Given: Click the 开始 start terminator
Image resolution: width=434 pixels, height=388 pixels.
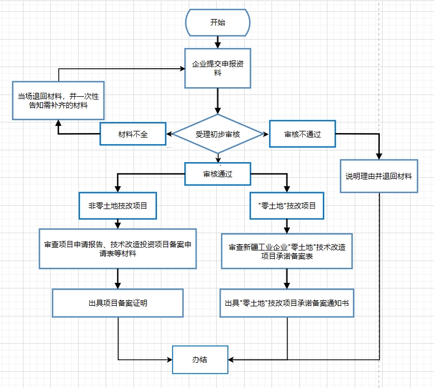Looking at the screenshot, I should point(217,23).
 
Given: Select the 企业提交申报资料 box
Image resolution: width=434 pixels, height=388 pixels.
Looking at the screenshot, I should point(217,68).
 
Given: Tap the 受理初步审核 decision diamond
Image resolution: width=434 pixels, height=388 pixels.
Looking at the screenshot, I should point(217,134).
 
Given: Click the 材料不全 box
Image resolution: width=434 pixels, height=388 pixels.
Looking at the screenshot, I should point(133,134).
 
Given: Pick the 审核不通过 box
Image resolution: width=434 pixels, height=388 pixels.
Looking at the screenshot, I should point(302,134).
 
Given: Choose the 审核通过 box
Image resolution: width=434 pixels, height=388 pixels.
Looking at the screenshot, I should point(217,174).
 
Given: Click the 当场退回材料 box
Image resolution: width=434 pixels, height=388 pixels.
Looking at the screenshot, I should point(59,100).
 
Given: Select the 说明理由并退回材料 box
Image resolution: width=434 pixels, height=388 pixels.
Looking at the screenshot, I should point(379,176).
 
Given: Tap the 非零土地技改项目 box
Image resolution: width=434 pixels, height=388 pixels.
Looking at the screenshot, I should point(117,206).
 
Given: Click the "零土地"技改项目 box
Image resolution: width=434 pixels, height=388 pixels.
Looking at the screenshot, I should point(287,206).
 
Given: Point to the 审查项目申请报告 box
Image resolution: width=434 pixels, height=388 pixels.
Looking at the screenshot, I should point(117,249).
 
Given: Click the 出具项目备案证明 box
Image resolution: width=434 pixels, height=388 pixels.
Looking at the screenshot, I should point(117,302).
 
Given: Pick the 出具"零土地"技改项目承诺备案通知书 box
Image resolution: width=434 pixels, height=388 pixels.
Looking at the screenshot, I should point(287,302).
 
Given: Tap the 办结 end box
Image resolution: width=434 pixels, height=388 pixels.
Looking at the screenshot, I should point(200,359).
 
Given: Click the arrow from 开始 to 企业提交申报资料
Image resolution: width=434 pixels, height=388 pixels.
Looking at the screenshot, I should point(217,41).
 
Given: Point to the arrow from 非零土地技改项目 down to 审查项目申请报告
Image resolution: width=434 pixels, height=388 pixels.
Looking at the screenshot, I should point(118,223).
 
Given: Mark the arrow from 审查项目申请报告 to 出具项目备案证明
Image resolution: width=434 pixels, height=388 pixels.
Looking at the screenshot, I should point(118,278).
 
